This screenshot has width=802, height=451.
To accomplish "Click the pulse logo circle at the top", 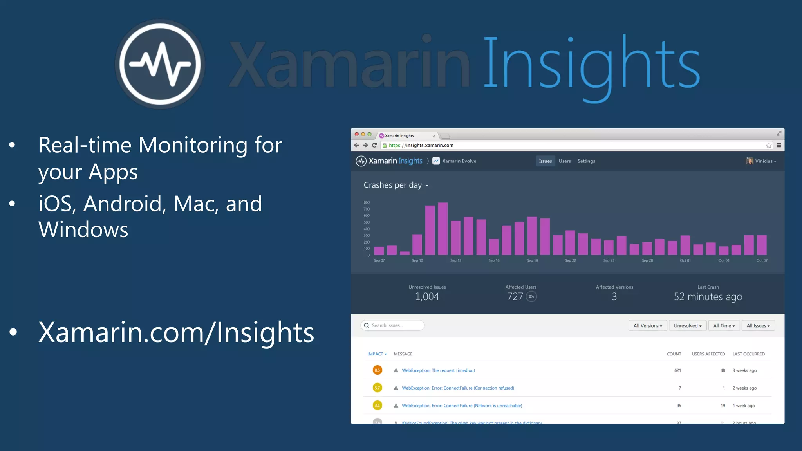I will click(x=160, y=64).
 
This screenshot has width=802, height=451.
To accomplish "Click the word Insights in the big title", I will click(x=591, y=65).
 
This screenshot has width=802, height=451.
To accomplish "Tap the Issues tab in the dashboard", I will click(x=545, y=161).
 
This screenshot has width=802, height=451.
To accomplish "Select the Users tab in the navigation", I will click(x=564, y=161).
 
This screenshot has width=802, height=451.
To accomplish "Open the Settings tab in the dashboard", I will click(x=586, y=161).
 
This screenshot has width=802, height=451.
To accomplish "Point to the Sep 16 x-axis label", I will click(x=494, y=260).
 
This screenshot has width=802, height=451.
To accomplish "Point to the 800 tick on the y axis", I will click(x=367, y=202).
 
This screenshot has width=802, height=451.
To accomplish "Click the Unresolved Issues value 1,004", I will click(x=427, y=297).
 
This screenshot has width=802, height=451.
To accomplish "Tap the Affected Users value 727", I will click(x=515, y=297).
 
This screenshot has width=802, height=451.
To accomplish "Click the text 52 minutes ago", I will click(x=708, y=297).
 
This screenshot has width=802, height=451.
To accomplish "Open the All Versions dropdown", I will click(x=648, y=326).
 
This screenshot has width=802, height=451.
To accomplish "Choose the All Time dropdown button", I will click(x=724, y=326).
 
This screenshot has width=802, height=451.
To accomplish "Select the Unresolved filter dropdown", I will click(x=688, y=326).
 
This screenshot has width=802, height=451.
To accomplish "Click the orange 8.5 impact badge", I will click(x=377, y=370).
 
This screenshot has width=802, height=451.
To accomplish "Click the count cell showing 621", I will click(x=677, y=370).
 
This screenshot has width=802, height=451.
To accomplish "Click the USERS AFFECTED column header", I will click(x=708, y=354).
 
